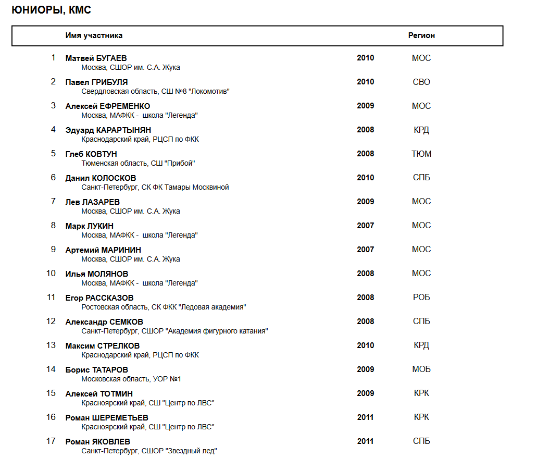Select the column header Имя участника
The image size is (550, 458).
(94, 35)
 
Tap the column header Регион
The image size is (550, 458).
(421, 35)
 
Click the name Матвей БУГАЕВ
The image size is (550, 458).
(96, 58)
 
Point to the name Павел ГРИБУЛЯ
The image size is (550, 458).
(96, 82)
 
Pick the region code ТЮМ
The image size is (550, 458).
(421, 154)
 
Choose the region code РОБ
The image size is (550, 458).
(421, 298)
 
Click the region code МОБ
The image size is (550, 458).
(421, 369)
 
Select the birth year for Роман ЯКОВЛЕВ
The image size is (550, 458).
(365, 441)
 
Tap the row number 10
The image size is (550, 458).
(51, 274)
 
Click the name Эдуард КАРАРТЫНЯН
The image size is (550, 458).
(108, 130)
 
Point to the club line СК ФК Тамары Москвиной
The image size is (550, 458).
(155, 187)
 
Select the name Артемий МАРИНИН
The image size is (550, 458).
(103, 250)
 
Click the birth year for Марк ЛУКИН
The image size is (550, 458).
(365, 226)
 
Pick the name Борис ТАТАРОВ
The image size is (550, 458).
(96, 370)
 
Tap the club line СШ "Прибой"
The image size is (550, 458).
(138, 163)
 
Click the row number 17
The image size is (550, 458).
(51, 441)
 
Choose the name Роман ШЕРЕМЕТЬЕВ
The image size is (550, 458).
(107, 418)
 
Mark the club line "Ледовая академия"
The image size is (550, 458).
(164, 307)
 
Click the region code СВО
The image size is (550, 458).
(421, 82)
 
